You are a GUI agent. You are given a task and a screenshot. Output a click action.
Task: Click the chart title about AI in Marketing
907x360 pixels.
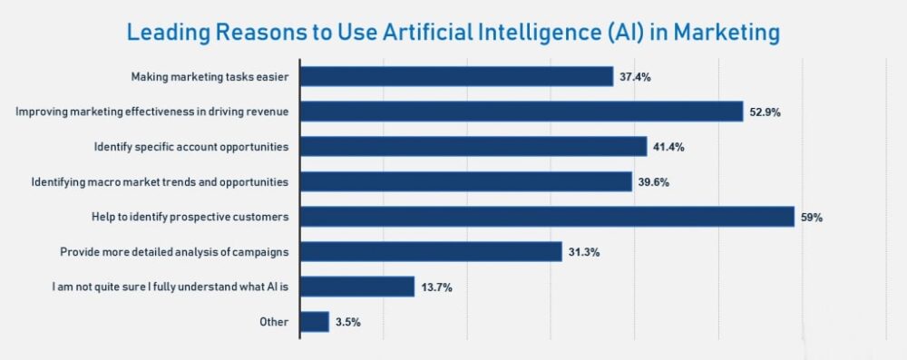(453, 33)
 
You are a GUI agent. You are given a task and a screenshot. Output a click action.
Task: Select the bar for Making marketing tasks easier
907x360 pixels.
(456, 76)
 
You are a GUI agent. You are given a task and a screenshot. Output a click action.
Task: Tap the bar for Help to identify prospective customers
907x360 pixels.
(547, 217)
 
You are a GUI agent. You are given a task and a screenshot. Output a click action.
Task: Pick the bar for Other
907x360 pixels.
(314, 322)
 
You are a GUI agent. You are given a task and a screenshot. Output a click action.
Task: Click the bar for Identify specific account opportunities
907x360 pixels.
(473, 146)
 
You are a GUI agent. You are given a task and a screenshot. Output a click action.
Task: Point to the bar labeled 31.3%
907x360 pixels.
(431, 251)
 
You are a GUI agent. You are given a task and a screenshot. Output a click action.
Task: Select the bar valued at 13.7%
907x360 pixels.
(356, 287)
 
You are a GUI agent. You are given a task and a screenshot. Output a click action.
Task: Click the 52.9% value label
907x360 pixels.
(766, 112)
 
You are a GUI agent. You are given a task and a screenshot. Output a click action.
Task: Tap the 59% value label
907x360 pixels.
(811, 218)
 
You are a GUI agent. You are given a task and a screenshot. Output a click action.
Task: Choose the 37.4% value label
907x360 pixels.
(635, 77)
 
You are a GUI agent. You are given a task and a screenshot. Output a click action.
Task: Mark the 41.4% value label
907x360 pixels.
(668, 147)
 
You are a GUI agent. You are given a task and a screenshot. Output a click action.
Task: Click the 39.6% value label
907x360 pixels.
(653, 182)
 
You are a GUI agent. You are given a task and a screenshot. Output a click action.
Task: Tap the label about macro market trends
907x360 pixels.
(160, 181)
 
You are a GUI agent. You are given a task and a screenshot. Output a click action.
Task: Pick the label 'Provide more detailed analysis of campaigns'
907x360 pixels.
(174, 252)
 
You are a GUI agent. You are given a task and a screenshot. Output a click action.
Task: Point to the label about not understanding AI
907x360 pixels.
(171, 287)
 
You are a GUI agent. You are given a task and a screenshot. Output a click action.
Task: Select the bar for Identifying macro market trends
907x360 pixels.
(465, 181)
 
